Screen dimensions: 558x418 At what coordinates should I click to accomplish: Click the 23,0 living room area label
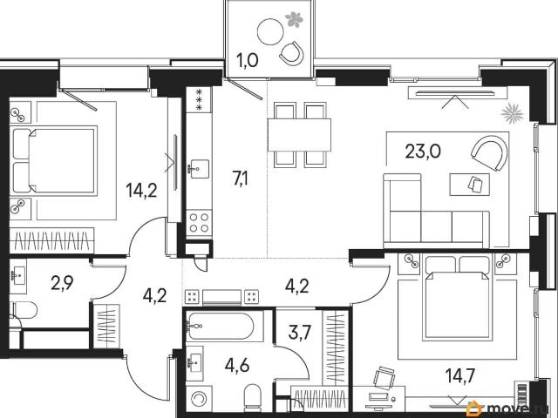[x=423, y=152]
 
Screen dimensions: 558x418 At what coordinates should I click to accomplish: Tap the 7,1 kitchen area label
[x=241, y=179]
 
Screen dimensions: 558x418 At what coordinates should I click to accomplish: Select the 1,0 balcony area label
[x=248, y=61]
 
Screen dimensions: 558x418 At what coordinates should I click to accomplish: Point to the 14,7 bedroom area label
[x=461, y=375]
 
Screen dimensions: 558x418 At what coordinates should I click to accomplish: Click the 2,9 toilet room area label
[x=62, y=283]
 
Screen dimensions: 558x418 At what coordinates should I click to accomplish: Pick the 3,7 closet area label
[x=300, y=333]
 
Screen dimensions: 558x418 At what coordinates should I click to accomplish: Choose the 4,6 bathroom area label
[x=237, y=365]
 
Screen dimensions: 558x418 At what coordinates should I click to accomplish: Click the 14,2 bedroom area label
[x=141, y=191]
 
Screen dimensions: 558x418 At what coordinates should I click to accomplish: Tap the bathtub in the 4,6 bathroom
[x=221, y=327]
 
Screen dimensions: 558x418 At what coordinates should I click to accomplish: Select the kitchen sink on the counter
[x=199, y=169]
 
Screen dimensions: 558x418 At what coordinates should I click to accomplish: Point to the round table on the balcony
[x=270, y=31]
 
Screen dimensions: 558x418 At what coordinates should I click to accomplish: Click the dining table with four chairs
[x=300, y=135]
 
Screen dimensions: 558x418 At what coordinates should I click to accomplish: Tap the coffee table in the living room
[x=469, y=184]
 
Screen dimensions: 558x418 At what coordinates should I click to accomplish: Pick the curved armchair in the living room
[x=488, y=152]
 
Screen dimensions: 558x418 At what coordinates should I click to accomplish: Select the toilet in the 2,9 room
[x=24, y=311]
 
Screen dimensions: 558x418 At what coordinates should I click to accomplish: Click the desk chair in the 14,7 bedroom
[x=384, y=377]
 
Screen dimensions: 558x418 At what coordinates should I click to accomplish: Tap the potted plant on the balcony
[x=294, y=19]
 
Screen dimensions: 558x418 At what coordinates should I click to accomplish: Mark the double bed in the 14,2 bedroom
[x=55, y=160]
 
